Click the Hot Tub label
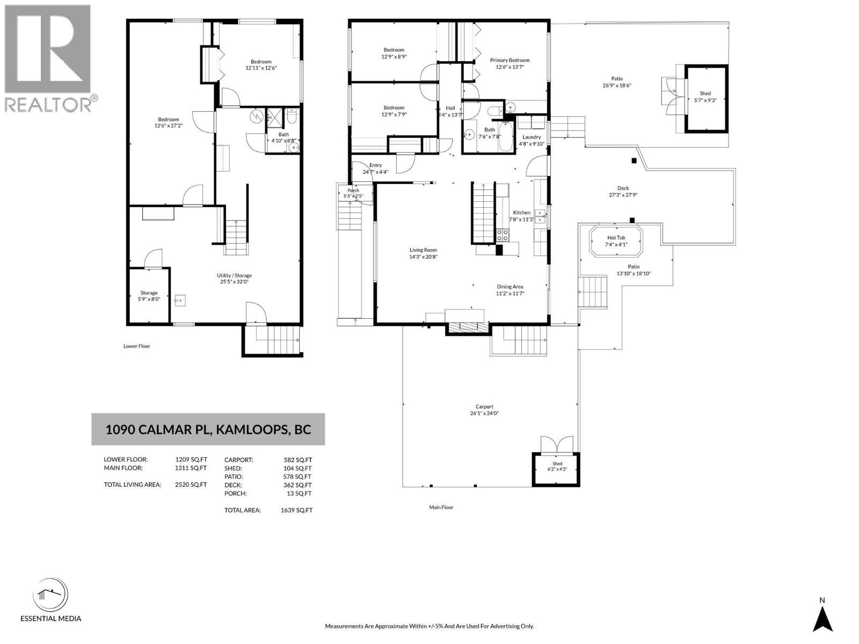(616, 238)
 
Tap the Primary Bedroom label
(509, 60)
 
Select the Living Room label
(423, 250)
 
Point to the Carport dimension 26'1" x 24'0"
(484, 413)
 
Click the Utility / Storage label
(234, 275)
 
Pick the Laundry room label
(532, 137)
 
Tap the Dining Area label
(509, 287)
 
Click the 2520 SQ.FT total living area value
(191, 485)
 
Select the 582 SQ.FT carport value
(298, 460)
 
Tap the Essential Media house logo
(50, 596)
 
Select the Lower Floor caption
(136, 346)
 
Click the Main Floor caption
(441, 507)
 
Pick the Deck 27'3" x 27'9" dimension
(623, 195)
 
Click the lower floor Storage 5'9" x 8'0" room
(149, 296)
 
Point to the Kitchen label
(522, 213)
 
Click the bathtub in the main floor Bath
(505, 136)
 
